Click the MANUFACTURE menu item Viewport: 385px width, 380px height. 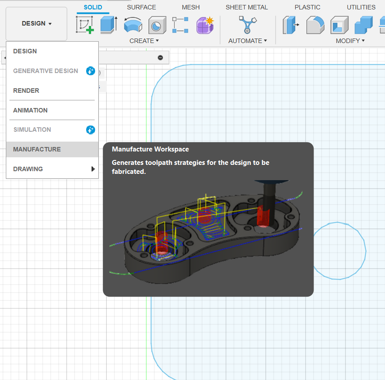pyautogui.click(x=37, y=149)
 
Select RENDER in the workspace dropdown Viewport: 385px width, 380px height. pyautogui.click(x=26, y=91)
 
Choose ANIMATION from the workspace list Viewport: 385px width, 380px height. pyautogui.click(x=30, y=110)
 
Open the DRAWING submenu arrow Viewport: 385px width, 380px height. pyautogui.click(x=93, y=169)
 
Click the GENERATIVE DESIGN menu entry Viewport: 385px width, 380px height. pyautogui.click(x=45, y=71)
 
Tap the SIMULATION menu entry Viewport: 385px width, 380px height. pyautogui.click(x=32, y=130)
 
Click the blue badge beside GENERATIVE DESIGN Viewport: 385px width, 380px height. pyautogui.click(x=91, y=71)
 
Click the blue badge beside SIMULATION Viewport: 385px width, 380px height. pyautogui.click(x=91, y=130)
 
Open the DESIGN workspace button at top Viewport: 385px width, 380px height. pyautogui.click(x=36, y=24)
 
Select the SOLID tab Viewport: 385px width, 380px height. pyautogui.click(x=93, y=7)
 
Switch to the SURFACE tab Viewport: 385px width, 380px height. pyautogui.click(x=141, y=7)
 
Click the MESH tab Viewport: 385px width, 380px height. pyautogui.click(x=191, y=7)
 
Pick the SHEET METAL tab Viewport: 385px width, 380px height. pyautogui.click(x=247, y=7)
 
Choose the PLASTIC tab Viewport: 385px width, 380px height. pyautogui.click(x=307, y=7)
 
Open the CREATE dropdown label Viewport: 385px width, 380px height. pyautogui.click(x=144, y=41)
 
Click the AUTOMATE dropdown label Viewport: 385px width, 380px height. pyautogui.click(x=248, y=41)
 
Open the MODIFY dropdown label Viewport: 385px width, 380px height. pyautogui.click(x=350, y=41)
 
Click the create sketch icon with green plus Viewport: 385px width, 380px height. pyautogui.click(x=85, y=25)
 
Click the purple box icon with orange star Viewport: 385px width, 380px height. pyautogui.click(x=205, y=25)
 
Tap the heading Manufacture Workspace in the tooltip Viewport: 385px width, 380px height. pyautogui.click(x=150, y=149)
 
